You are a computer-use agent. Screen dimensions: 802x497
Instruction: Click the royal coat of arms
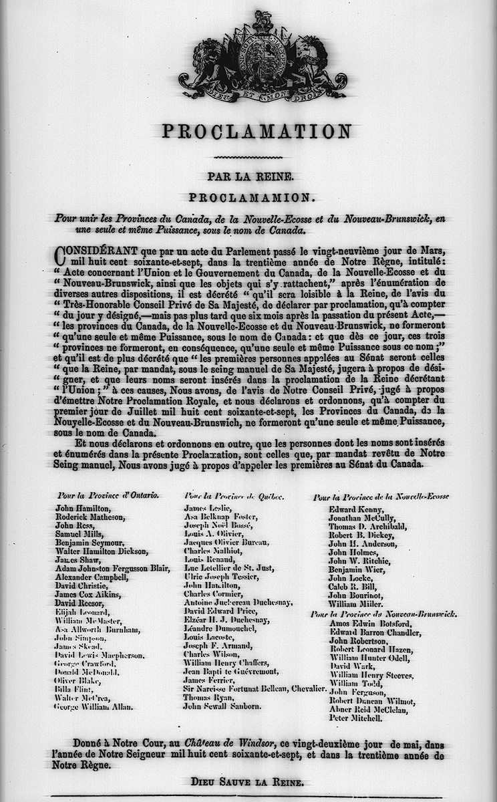pyautogui.click(x=262, y=57)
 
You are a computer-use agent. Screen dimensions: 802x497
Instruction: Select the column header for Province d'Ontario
pyautogui.click(x=108, y=496)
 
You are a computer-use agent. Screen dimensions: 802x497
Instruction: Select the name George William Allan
pyautogui.click(x=95, y=706)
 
